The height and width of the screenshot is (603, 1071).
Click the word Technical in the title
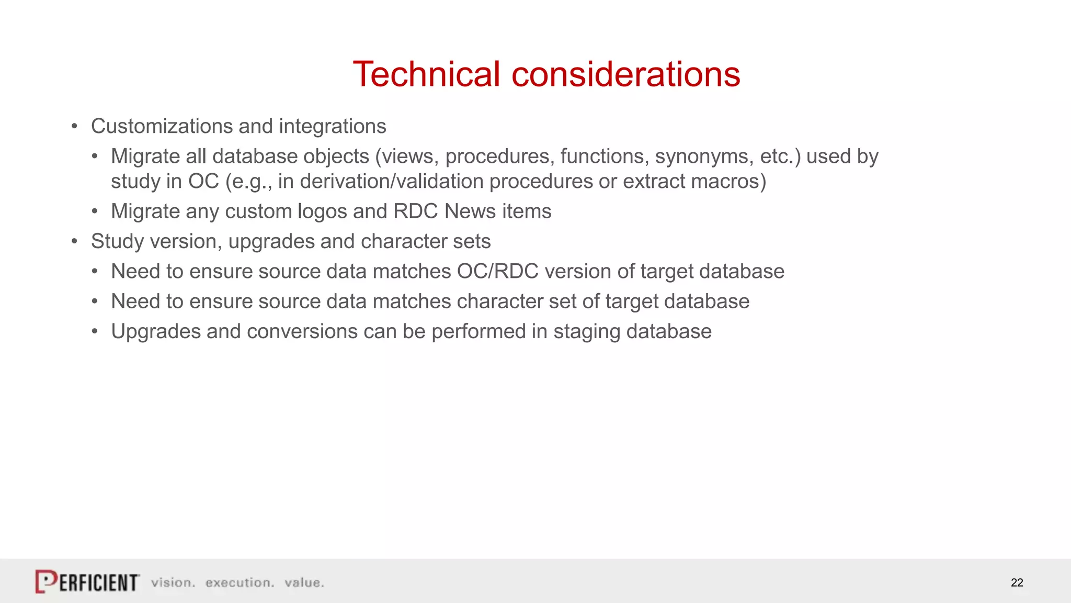[x=426, y=74]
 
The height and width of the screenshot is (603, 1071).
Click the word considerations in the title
[x=625, y=74]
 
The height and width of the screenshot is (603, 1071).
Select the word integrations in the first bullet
[x=333, y=127]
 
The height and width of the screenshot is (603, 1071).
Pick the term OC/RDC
[x=497, y=272]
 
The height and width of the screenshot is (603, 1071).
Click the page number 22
[x=1017, y=583]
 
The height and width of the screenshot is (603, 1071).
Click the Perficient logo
[x=87, y=582]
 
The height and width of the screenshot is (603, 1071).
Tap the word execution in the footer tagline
[x=240, y=583]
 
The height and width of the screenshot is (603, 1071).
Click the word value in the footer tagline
[x=304, y=583]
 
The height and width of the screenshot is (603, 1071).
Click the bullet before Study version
[x=75, y=242]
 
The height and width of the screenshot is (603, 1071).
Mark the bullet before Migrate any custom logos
[x=95, y=212]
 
